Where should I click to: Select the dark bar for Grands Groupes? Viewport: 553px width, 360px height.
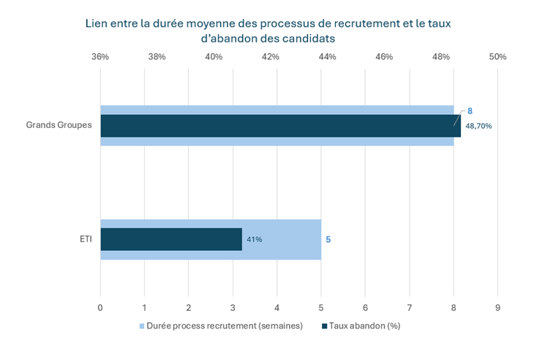point(280,126)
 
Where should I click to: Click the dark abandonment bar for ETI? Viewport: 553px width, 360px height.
point(170,239)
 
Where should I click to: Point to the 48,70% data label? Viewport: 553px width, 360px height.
point(478,126)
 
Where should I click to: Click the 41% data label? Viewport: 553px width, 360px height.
point(254,239)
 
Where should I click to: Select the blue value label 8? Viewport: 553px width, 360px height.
point(470,110)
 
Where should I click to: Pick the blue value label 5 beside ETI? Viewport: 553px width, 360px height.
point(328,239)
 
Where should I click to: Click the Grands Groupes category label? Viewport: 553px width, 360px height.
point(59,125)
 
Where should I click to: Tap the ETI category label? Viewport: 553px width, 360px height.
point(85,239)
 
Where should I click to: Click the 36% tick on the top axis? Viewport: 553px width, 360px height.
point(100,56)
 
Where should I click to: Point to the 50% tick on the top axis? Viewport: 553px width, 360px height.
point(497,56)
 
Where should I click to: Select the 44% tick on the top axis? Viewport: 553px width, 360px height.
point(327,56)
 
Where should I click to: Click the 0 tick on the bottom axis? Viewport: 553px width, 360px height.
point(100,308)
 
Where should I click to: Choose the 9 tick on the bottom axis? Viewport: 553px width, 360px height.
point(497,308)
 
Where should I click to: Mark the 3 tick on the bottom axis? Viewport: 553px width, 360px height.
point(233,308)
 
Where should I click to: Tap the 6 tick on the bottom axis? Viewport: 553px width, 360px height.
point(365,308)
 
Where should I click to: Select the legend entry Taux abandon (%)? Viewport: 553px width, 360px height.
point(364,326)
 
